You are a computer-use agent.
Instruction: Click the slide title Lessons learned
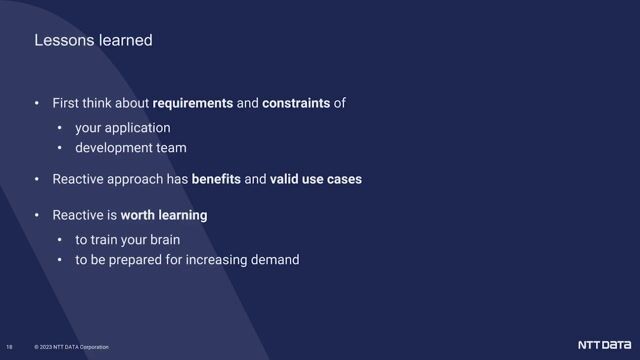93,41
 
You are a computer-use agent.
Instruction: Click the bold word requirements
193,104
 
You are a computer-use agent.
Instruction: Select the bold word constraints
296,104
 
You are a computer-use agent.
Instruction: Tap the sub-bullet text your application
122,128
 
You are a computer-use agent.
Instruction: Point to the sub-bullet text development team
130,148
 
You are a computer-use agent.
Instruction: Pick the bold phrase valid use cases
316,180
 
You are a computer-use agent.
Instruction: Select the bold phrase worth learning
164,215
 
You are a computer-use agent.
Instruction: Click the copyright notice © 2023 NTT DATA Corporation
71,347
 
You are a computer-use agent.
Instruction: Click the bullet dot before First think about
37,104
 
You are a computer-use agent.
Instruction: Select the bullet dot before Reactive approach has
37,180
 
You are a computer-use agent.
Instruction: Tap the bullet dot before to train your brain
60,240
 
